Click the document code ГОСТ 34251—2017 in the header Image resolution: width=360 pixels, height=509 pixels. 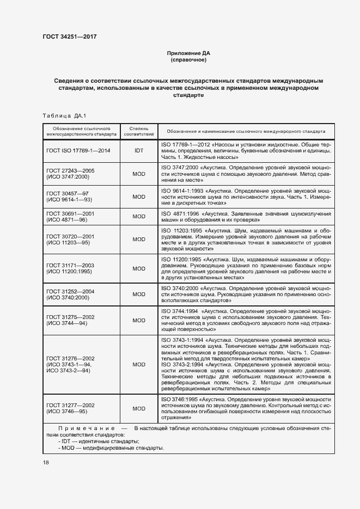[69, 37]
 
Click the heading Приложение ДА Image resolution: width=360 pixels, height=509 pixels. [188, 53]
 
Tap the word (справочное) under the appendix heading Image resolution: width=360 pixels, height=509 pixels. [188, 60]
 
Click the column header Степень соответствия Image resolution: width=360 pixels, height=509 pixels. [138, 132]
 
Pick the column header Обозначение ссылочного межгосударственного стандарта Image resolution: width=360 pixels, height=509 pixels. [82, 132]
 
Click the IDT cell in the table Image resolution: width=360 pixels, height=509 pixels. [138, 150]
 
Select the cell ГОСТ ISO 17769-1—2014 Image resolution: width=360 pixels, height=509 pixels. [78, 150]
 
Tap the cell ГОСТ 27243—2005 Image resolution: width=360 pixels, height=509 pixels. [71, 170]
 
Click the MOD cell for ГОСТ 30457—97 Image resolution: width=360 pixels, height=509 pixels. [138, 197]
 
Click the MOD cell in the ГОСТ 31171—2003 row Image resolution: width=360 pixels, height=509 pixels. [138, 268]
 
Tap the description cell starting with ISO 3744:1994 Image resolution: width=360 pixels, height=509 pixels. [247, 320]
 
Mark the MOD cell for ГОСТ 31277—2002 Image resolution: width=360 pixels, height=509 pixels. [138, 408]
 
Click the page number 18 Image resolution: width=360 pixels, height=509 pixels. [46, 463]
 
